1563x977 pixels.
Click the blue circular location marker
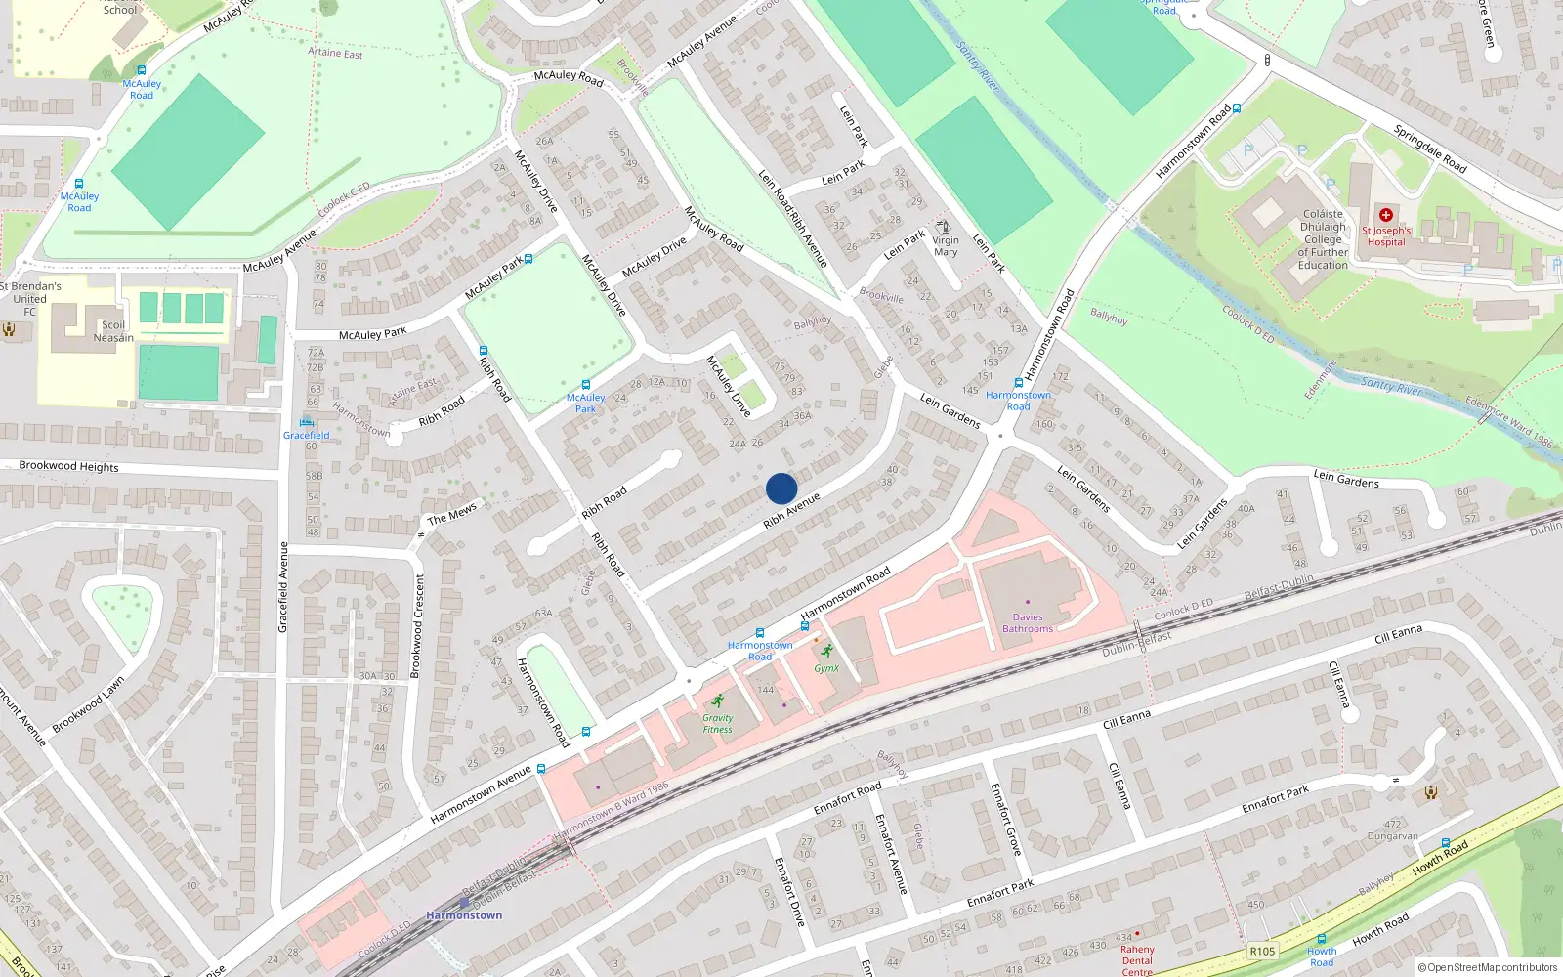[x=781, y=488]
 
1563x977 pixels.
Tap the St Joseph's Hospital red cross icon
[x=1385, y=215]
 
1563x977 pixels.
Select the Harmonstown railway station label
[x=464, y=915]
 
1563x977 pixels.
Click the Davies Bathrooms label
[x=1028, y=623]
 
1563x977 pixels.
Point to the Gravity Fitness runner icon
[x=718, y=701]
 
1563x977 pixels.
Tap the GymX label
[x=826, y=668]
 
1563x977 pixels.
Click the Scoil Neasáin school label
[x=113, y=331]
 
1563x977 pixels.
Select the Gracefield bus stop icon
[x=307, y=422]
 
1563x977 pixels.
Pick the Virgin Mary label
[x=946, y=246]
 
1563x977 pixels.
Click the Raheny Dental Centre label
[x=1137, y=959]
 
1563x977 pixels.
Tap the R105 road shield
[x=1262, y=951]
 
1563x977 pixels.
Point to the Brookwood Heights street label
[x=69, y=466]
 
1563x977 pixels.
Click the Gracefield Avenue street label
[x=283, y=587]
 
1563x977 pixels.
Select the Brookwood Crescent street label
[x=419, y=625]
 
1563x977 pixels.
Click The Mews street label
[x=451, y=513]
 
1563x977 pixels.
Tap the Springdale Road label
[x=1430, y=149]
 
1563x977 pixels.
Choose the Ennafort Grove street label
[x=1005, y=819]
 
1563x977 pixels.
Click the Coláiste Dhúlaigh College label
[x=1323, y=239]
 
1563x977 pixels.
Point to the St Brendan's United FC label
[x=30, y=299]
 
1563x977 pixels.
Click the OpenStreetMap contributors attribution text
[x=1487, y=968]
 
